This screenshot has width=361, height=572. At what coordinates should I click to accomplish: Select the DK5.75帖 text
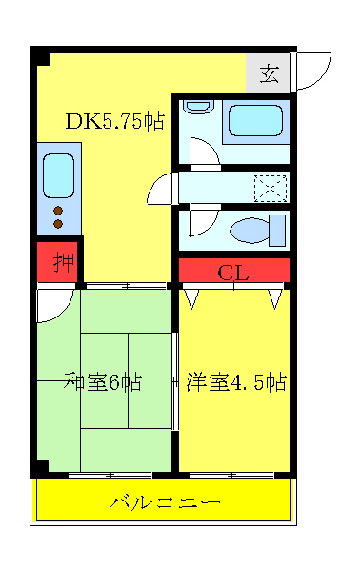pos(114,121)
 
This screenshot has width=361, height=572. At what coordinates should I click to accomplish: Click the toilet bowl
pos(251,230)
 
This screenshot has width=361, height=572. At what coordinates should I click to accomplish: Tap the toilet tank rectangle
pos(278,230)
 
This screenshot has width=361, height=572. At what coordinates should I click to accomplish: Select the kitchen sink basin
pos(58,175)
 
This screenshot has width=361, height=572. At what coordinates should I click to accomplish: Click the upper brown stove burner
pos(58,210)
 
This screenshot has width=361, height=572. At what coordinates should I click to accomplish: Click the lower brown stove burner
pos(58,224)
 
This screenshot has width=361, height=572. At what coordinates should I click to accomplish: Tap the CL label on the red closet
pos(233,272)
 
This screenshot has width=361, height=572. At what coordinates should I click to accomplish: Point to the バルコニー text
pos(165,501)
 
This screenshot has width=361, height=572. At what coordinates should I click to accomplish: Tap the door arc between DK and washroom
pos(163,187)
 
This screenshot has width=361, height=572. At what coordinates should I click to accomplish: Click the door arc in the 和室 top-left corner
pos(55,306)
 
